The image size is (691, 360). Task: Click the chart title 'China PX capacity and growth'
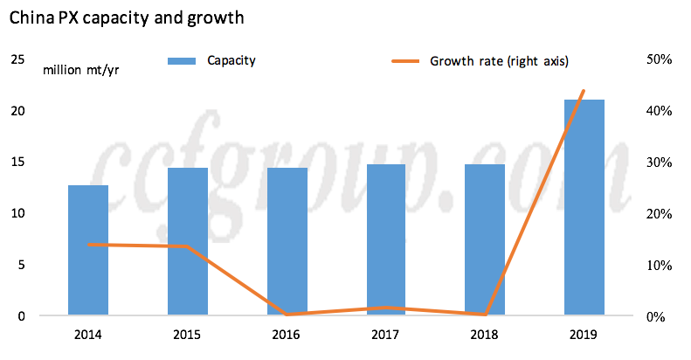click(126, 17)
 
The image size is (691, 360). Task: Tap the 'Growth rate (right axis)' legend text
click(499, 61)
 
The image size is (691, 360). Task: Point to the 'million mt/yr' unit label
click(80, 70)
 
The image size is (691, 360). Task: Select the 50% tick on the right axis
click(657, 59)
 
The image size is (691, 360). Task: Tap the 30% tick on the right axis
click(657, 163)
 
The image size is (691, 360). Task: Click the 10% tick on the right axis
click(657, 265)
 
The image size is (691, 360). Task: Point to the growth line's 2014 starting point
click(88, 245)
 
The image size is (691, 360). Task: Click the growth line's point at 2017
click(386, 308)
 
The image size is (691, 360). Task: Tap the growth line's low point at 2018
click(486, 315)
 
